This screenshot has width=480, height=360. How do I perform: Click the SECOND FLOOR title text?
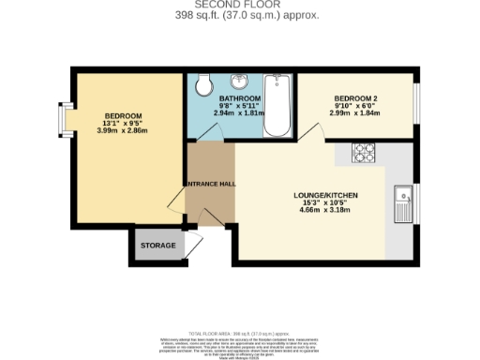click(x=239, y=6)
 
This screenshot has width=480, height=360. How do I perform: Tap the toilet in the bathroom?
click(x=202, y=85)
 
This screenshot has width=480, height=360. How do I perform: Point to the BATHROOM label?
click(x=239, y=97)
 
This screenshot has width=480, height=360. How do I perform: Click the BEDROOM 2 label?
click(x=357, y=97)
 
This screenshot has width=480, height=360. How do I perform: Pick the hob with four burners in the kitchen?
click(x=364, y=150)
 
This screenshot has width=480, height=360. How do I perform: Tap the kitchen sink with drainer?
click(x=404, y=202)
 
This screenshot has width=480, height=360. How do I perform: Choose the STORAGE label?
click(x=158, y=246)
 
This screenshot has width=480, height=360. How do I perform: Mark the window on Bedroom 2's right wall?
click(x=417, y=104)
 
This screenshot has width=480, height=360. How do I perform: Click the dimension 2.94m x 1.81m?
click(x=239, y=113)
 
